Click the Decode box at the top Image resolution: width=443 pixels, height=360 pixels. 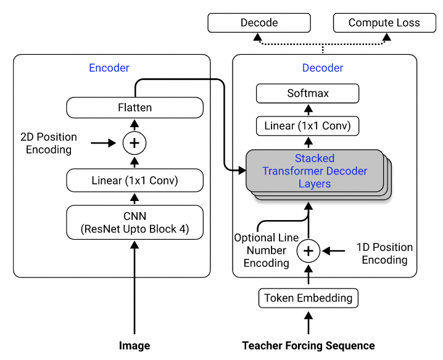pyautogui.click(x=259, y=23)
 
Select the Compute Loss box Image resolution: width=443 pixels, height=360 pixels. pyautogui.click(x=384, y=23)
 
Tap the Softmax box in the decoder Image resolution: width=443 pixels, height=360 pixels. pyautogui.click(x=307, y=94)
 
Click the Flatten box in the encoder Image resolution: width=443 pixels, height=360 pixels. pyautogui.click(x=135, y=107)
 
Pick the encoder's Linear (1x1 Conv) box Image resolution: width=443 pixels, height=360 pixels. pyautogui.click(x=135, y=181)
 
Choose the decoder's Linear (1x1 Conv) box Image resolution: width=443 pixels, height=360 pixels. pyautogui.click(x=307, y=126)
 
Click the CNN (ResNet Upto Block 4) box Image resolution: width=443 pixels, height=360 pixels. pyautogui.click(x=135, y=223)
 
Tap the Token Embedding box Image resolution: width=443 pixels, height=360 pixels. pyautogui.click(x=308, y=298)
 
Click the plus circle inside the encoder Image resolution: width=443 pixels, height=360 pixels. pyautogui.click(x=135, y=143)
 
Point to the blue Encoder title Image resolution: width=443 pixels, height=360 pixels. pyautogui.click(x=109, y=68)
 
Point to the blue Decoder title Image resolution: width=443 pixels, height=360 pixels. pyautogui.click(x=322, y=68)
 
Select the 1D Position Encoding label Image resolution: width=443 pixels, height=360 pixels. pyautogui.click(x=384, y=253)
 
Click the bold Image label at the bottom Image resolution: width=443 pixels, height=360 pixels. pyautogui.click(x=135, y=345)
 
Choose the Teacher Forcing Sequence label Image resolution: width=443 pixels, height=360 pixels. pyautogui.click(x=308, y=345)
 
